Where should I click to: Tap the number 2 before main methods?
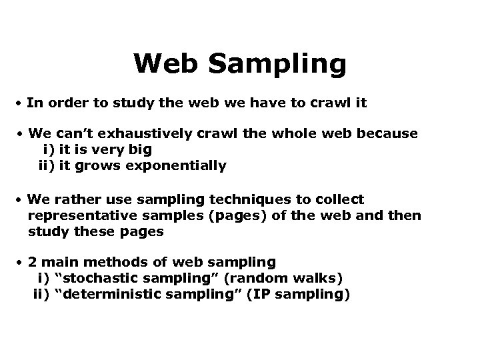coord(32,263)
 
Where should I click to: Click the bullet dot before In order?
coord(21,105)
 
